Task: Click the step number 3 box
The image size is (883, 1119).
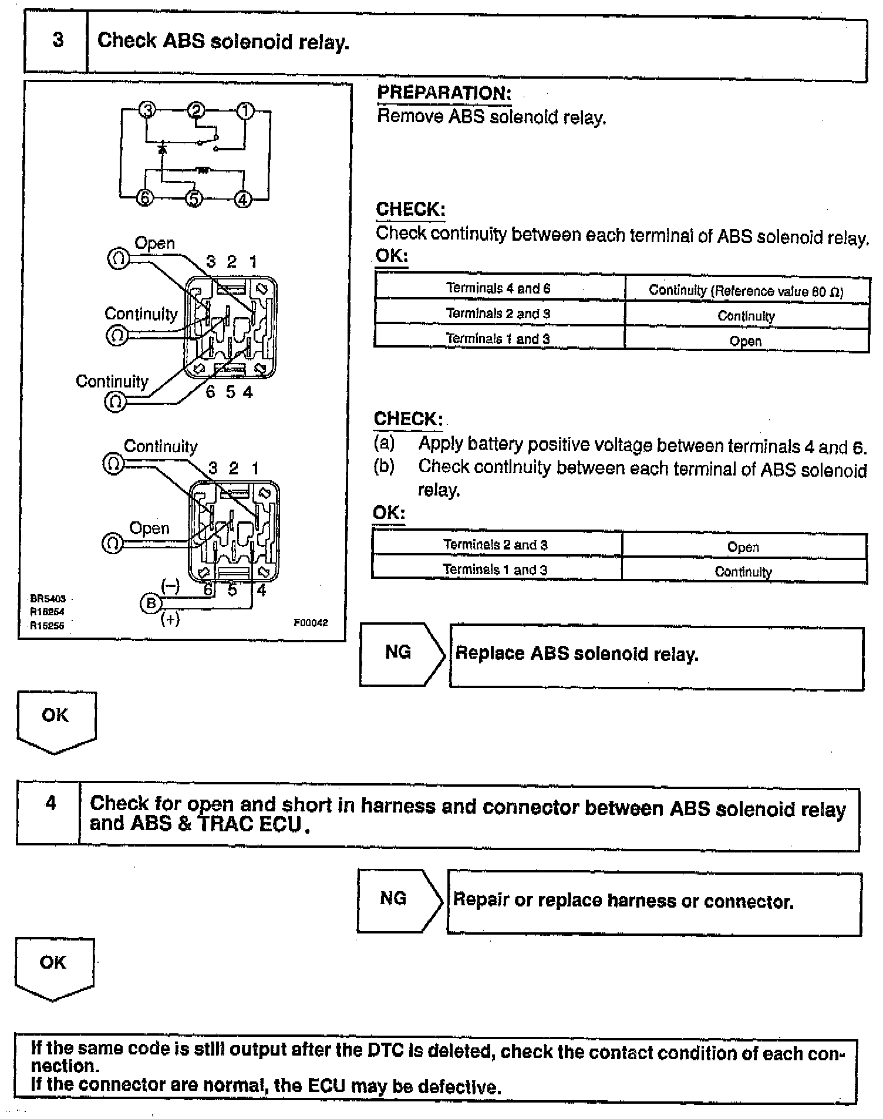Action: (x=57, y=41)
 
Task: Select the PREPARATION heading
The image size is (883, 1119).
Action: (x=444, y=93)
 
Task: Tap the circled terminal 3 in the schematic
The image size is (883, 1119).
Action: (x=148, y=110)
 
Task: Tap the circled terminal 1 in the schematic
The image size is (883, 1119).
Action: (x=245, y=111)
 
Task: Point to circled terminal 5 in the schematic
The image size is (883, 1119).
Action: (x=194, y=199)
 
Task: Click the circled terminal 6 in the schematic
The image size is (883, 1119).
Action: (x=144, y=198)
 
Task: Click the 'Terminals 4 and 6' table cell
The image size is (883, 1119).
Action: (x=498, y=288)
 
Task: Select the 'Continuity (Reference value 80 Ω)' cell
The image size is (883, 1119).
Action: (x=746, y=290)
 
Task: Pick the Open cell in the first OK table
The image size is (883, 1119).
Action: (x=746, y=341)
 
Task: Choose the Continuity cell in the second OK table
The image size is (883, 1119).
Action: (x=743, y=571)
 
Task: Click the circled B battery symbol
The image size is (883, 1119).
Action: (x=151, y=603)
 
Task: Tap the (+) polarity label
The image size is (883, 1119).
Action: (x=170, y=619)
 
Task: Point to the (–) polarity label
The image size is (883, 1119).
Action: (x=170, y=585)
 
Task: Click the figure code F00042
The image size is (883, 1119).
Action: (x=311, y=622)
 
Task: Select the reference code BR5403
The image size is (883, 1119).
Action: (x=48, y=599)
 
